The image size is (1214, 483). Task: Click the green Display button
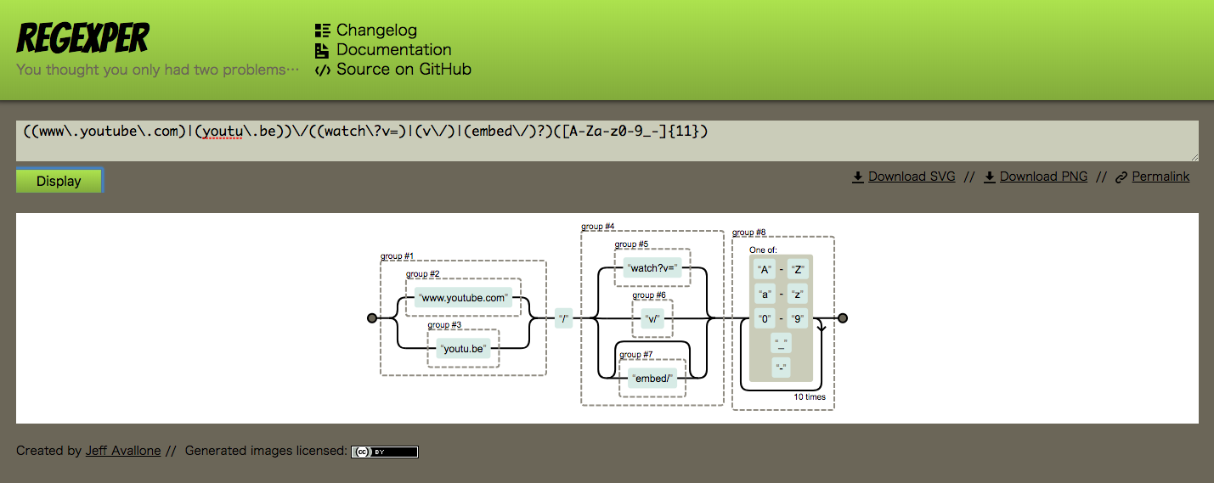59,181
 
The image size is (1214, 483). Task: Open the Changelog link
376,30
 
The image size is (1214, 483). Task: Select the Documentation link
393,49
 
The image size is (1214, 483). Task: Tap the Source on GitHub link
403,69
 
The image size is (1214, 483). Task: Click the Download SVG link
911,177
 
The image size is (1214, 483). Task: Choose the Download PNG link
1043,177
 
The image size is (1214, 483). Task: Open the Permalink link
1160,177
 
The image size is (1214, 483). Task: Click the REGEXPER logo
83,38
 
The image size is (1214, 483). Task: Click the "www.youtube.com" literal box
464,298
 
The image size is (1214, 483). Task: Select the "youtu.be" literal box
464,348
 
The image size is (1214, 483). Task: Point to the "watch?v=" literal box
652,268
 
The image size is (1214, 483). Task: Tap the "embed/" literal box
653,379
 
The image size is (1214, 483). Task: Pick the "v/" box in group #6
652,319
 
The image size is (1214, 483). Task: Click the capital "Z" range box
797,270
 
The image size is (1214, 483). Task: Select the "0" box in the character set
765,319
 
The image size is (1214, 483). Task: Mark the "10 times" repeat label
809,397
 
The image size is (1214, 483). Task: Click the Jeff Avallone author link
123,451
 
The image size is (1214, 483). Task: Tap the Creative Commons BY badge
384,452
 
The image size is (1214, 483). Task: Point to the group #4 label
598,227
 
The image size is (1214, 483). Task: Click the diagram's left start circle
372,318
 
